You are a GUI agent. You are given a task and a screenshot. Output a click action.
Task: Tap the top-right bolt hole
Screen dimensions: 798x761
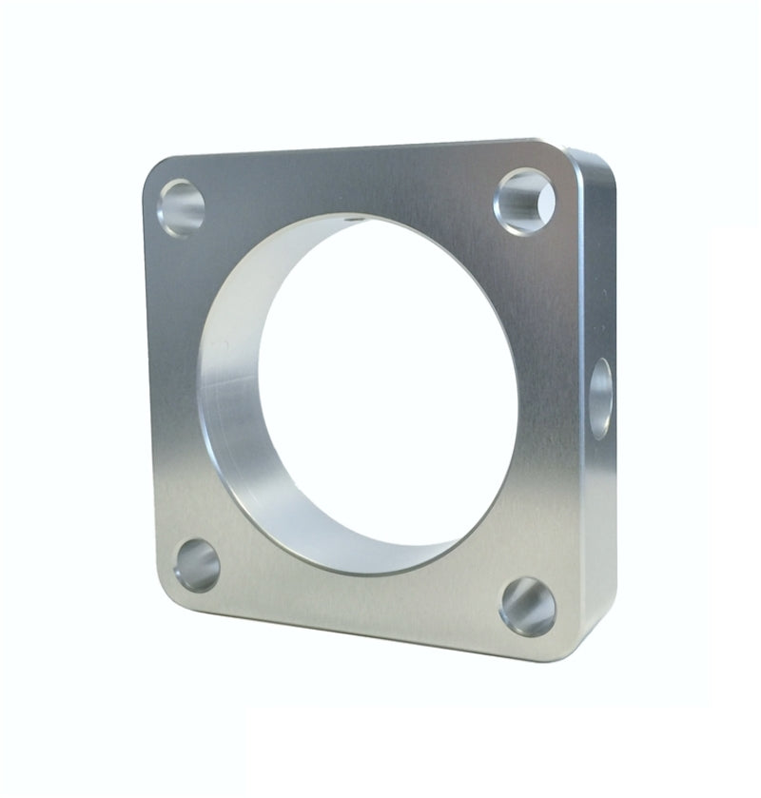pyautogui.click(x=524, y=196)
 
